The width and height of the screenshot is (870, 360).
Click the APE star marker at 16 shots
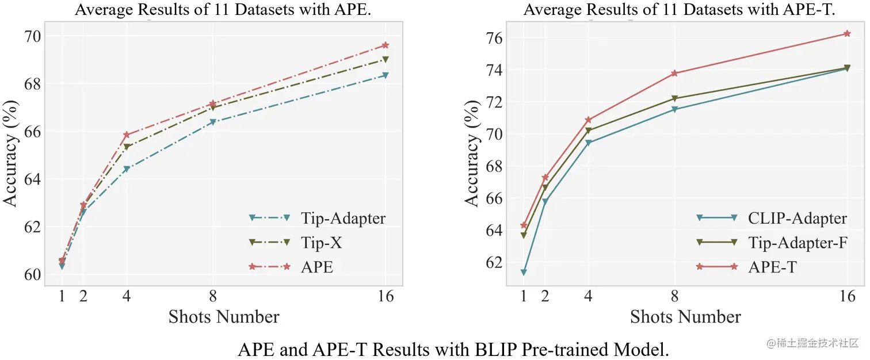point(386,45)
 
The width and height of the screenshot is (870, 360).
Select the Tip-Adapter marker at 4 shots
point(127,169)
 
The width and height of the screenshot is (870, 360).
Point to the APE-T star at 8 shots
point(674,73)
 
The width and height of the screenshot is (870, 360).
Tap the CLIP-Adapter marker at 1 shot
point(524,272)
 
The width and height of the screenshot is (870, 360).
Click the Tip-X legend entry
point(320,243)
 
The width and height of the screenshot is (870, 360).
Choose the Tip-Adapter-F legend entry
point(797,243)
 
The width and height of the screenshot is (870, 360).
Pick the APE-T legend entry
point(772,267)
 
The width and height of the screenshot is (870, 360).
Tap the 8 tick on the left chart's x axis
point(213,297)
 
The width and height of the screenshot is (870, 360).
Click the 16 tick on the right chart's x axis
point(847,297)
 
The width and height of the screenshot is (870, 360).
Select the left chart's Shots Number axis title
point(224,317)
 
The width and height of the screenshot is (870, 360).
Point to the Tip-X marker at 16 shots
point(386,59)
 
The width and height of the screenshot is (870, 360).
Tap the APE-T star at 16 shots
point(847,33)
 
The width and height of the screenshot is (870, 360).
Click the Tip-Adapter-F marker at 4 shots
point(588,131)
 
